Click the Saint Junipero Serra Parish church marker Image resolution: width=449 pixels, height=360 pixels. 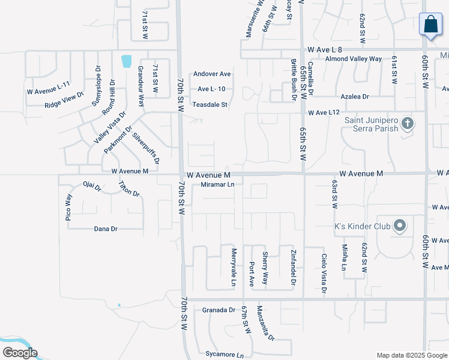click(x=408, y=124)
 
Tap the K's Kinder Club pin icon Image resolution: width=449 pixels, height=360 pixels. click(x=400, y=227)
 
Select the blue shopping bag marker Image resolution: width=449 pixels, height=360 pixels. click(x=430, y=25)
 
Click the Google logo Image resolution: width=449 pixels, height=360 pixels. click(x=19, y=353)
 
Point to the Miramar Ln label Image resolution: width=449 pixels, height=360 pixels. click(x=217, y=185)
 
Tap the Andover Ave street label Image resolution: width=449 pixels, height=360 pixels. click(x=212, y=74)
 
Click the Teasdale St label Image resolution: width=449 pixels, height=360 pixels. click(x=210, y=104)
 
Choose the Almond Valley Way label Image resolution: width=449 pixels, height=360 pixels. click(x=354, y=59)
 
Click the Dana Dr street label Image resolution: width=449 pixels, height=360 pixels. click(x=106, y=229)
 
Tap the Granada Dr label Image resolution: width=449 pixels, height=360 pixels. click(x=218, y=310)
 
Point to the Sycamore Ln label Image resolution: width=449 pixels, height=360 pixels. click(x=224, y=354)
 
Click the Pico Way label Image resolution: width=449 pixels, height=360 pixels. click(x=68, y=208)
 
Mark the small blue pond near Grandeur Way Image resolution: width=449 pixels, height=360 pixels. click(x=126, y=61)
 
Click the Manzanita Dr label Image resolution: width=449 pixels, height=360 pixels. click(x=265, y=323)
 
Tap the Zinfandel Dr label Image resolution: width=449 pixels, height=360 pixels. click(x=294, y=267)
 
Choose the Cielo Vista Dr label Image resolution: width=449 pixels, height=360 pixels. click(x=324, y=273)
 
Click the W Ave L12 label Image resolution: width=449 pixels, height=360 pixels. click(x=324, y=112)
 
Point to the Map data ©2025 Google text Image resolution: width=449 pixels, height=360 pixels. click(x=411, y=355)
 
